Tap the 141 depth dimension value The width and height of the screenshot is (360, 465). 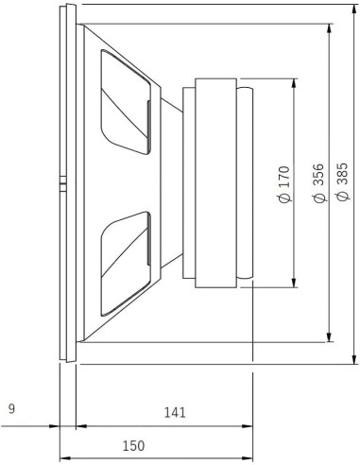click(174, 412)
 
